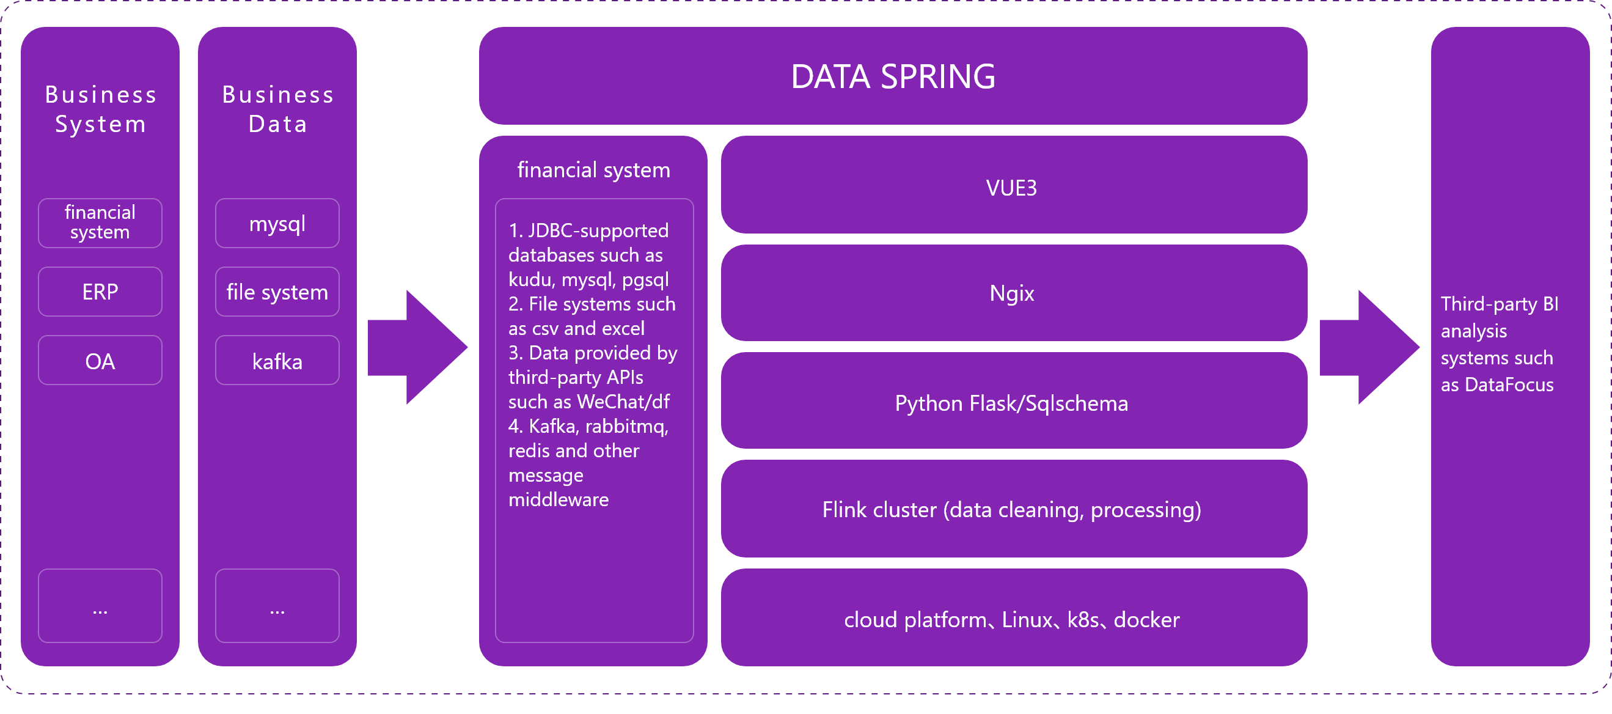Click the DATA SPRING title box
[893, 76]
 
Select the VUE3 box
[1014, 185]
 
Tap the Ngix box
[1014, 293]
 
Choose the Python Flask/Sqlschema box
[1014, 400]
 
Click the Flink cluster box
[1014, 509]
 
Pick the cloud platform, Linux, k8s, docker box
[1014, 617]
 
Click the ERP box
[100, 292]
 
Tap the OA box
[100, 361]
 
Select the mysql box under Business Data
[277, 223]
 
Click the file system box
[277, 292]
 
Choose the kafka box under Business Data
[277, 361]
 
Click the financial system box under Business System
[100, 223]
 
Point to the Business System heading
[101, 109]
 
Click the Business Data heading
[278, 109]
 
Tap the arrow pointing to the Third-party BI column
[1369, 347]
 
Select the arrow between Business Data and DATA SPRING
[417, 347]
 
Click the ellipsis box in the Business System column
[100, 605]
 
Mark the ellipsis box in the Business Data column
[277, 605]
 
